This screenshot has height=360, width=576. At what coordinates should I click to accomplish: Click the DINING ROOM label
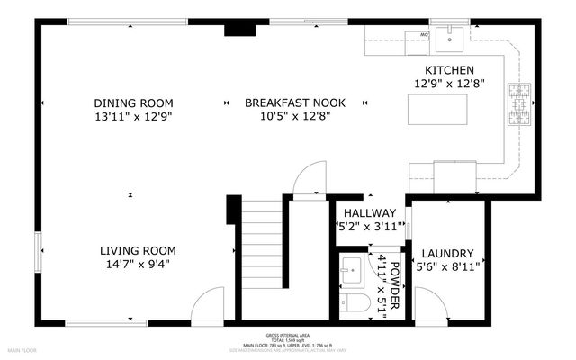tap(133, 103)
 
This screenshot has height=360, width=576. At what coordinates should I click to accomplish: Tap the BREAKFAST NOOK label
tap(294, 103)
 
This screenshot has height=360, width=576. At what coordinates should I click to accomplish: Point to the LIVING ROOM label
tap(138, 250)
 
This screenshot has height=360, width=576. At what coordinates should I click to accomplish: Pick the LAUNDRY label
tap(447, 254)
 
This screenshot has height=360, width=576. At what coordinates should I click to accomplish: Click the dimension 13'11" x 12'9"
tap(133, 117)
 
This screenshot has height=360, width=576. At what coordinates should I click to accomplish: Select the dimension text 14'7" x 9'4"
tap(138, 265)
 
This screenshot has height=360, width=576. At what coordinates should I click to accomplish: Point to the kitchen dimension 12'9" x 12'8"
tap(449, 84)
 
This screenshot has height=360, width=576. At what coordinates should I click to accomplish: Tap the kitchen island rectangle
tap(437, 108)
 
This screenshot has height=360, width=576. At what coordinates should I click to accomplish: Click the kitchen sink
tap(447, 39)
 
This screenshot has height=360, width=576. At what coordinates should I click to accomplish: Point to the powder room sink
tap(353, 268)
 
